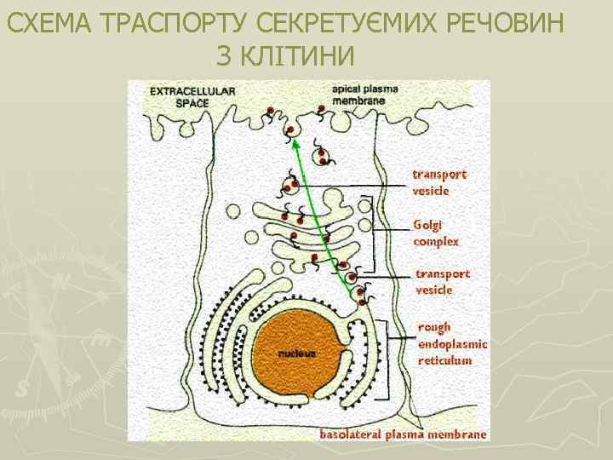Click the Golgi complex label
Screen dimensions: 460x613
tap(436, 233)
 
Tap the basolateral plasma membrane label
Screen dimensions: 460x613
tap(404, 434)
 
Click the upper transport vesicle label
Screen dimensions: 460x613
tap(440, 182)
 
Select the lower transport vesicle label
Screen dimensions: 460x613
tap(443, 282)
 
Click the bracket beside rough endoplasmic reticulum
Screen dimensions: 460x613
tap(389, 358)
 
